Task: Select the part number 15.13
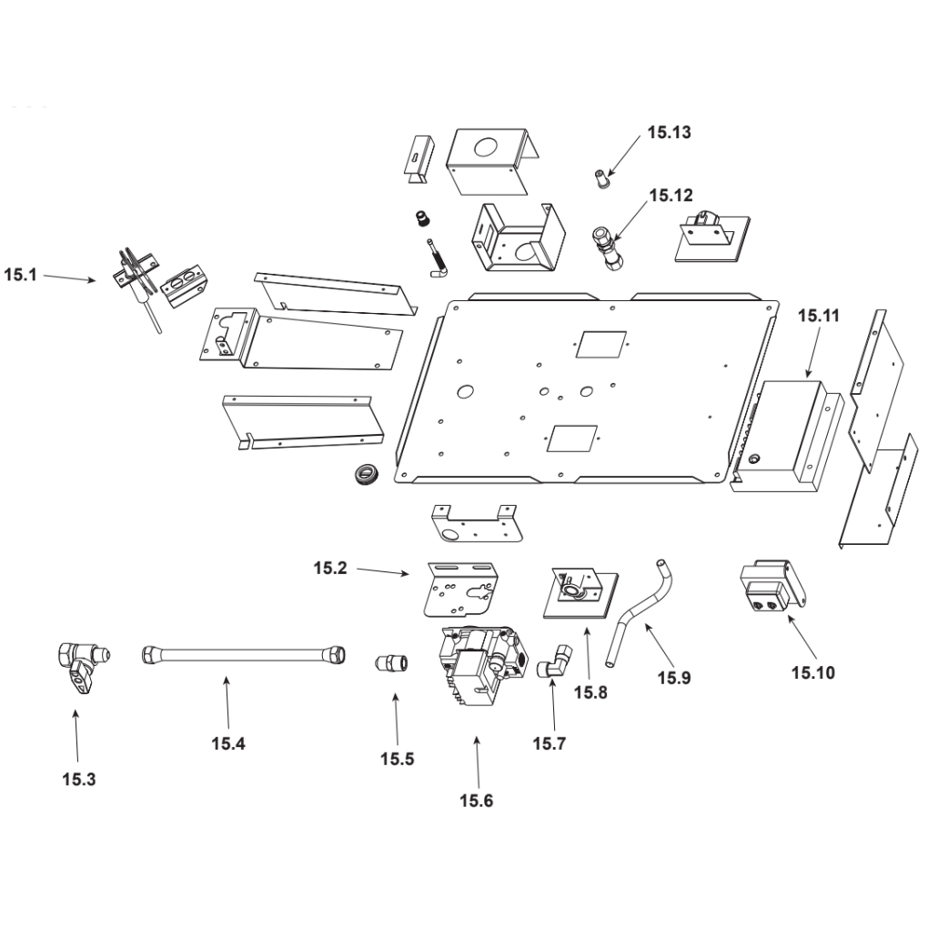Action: pos(670,133)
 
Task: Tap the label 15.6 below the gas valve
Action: pos(476,801)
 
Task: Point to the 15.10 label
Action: pos(812,673)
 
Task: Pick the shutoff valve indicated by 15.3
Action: pos(78,663)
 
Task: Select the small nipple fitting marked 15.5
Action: pos(392,661)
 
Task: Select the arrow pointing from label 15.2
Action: pos(382,572)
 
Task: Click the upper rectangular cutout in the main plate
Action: pos(599,343)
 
